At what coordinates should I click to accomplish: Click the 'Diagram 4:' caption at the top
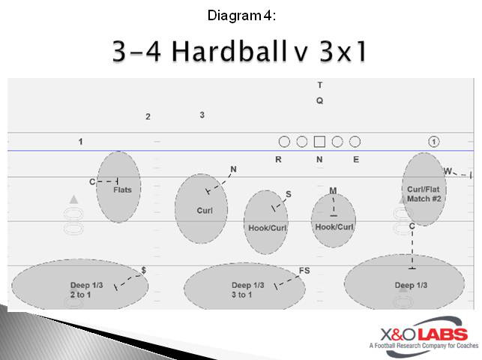[x=241, y=14]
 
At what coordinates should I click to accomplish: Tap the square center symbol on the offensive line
[x=319, y=142]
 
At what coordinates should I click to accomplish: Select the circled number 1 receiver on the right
[x=434, y=142]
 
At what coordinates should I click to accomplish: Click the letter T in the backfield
[x=319, y=85]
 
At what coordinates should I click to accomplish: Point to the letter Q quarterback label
[x=319, y=100]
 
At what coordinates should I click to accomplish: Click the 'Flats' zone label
[x=122, y=190]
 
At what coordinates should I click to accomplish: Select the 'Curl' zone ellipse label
[x=205, y=211]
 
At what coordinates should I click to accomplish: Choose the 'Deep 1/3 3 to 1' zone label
[x=247, y=290]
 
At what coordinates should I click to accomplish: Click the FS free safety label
[x=304, y=271]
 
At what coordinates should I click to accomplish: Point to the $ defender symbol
[x=143, y=270]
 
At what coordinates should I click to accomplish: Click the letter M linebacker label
[x=333, y=190]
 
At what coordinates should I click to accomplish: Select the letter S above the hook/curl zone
[x=289, y=194]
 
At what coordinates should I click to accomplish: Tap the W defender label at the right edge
[x=448, y=171]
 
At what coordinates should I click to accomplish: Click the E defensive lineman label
[x=356, y=159]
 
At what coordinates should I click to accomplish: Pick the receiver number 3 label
[x=202, y=115]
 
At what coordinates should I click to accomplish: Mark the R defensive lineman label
[x=278, y=159]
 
